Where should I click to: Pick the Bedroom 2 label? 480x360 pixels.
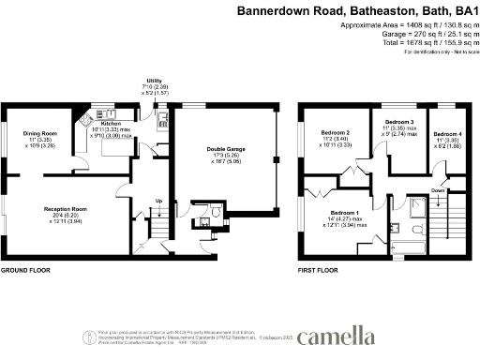tap(336, 133)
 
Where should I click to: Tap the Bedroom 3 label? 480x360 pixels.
tap(399, 123)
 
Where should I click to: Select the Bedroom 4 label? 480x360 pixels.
tap(450, 133)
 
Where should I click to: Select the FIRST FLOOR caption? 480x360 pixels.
tap(319, 270)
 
